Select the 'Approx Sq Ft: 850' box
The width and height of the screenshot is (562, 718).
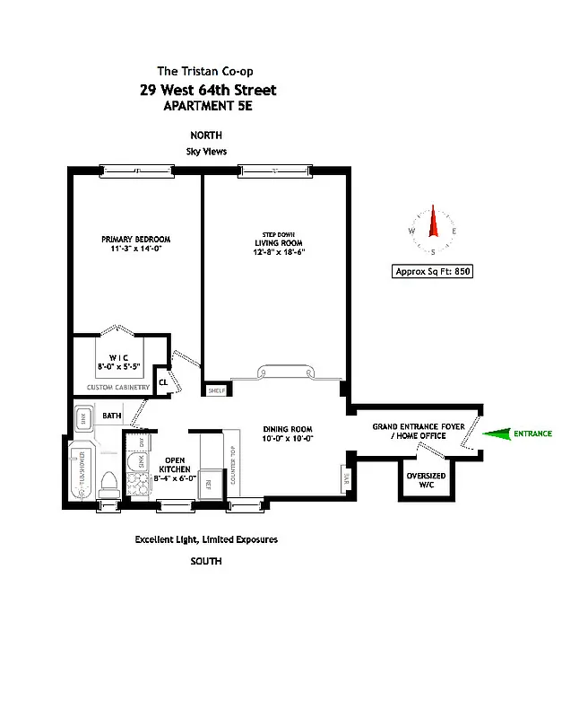tap(433, 271)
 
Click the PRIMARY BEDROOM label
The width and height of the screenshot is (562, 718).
tap(135, 240)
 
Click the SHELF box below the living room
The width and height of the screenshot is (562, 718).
tap(216, 390)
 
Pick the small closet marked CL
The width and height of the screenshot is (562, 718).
tap(163, 381)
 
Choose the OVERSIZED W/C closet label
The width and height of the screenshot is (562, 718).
tap(426, 480)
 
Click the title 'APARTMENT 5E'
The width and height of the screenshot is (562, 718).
tap(207, 106)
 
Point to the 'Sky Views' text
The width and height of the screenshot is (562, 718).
tap(207, 152)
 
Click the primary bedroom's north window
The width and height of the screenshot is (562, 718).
tap(137, 170)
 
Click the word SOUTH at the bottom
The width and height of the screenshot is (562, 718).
tap(205, 561)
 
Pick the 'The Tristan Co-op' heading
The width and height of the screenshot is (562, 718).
tap(207, 71)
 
